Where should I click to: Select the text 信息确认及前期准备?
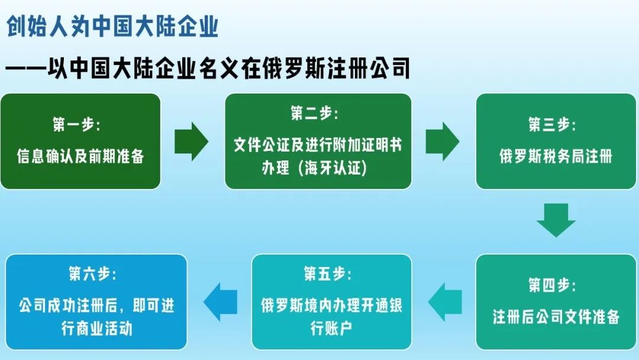pos(80,157)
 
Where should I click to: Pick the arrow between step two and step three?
pos(443,141)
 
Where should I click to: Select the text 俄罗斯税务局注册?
pos(556,157)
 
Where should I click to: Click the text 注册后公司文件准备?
pos(556,317)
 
